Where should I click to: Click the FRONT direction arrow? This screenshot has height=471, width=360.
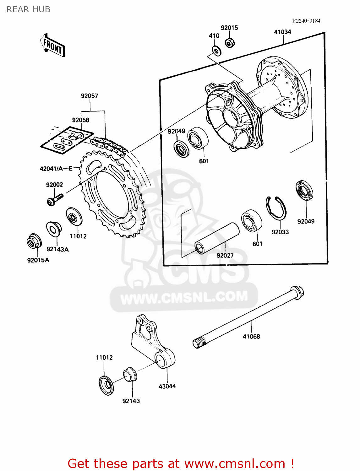click(53, 46)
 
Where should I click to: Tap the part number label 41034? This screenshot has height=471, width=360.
click(282, 32)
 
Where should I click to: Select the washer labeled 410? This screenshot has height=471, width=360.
click(216, 50)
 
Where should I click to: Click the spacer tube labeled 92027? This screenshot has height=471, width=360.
click(217, 238)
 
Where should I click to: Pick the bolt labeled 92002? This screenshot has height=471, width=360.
click(55, 199)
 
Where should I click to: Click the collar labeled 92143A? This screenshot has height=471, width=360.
click(54, 229)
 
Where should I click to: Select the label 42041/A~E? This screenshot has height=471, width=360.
click(56, 169)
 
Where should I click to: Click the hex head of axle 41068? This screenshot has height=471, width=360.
click(297, 292)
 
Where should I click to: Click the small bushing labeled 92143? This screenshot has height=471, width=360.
click(129, 373)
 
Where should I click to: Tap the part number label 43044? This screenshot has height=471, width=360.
click(167, 386)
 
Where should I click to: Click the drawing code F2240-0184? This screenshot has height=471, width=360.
click(306, 21)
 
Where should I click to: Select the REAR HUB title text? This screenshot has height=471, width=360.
click(29, 9)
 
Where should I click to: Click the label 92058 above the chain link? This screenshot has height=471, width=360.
click(80, 120)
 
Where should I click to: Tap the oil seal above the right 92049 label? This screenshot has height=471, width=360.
click(305, 190)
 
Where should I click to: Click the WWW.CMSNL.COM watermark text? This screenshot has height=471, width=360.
click(184, 297)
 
